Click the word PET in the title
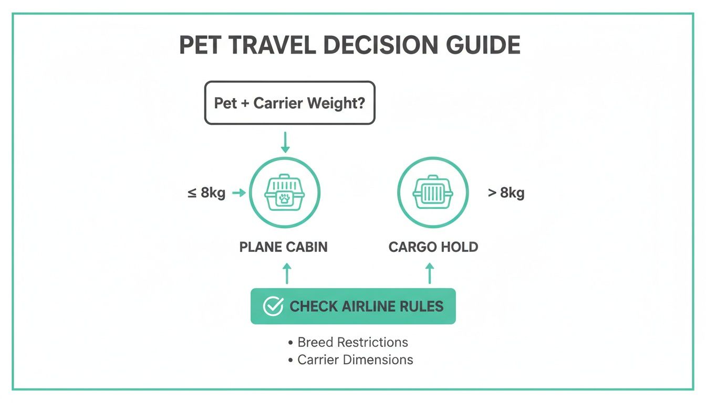(x=202, y=46)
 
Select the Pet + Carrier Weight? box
(x=289, y=103)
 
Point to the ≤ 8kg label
(x=206, y=193)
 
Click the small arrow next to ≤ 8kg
(x=238, y=193)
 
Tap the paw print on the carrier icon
(x=284, y=198)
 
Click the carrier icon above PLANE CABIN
(x=284, y=192)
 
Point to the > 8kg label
(x=506, y=193)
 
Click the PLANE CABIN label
(x=284, y=247)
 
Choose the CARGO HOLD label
(x=433, y=247)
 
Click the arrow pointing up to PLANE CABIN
(x=286, y=273)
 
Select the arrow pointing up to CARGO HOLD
(x=430, y=273)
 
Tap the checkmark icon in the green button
(x=273, y=306)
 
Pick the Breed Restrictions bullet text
(x=352, y=343)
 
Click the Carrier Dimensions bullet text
(x=355, y=360)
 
